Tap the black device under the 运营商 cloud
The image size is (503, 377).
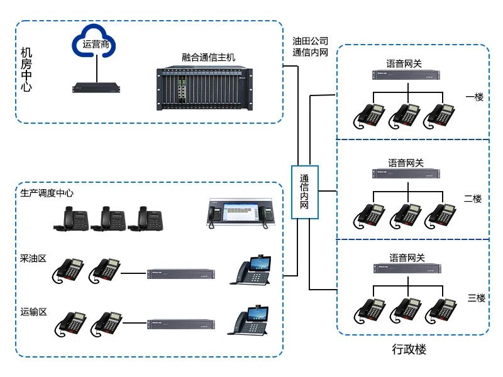[96, 87]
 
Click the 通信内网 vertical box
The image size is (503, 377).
[304, 192]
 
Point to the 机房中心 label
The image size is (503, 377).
[26, 69]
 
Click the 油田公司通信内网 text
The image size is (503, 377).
[311, 47]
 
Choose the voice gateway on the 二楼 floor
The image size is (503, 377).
[407, 173]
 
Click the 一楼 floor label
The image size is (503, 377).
[474, 97]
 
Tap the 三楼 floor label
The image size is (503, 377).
[477, 298]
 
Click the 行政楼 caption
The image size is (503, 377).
[409, 349]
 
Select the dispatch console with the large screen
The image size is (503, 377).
[242, 212]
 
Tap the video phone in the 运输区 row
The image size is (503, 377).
[251, 321]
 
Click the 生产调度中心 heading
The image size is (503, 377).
[47, 193]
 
